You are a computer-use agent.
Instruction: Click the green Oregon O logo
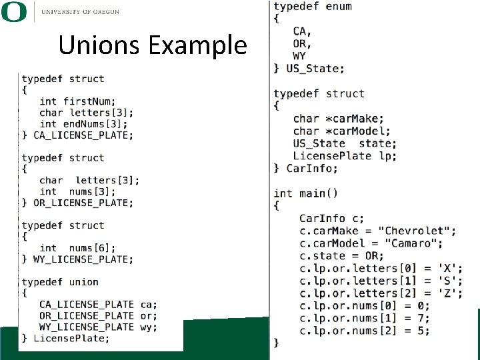click(x=14, y=11)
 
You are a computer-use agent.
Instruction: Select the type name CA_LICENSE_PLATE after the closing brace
click(x=83, y=135)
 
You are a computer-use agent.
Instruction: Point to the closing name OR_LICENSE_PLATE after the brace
click(x=83, y=203)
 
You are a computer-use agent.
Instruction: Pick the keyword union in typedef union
click(x=83, y=282)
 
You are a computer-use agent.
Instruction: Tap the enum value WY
click(x=300, y=56)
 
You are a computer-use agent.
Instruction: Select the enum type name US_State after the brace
click(x=315, y=68)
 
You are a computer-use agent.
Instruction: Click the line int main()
click(x=306, y=193)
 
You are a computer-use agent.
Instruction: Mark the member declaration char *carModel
click(x=342, y=131)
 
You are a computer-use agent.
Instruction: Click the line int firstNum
click(x=77, y=101)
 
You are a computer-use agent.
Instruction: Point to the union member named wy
click(x=148, y=327)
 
